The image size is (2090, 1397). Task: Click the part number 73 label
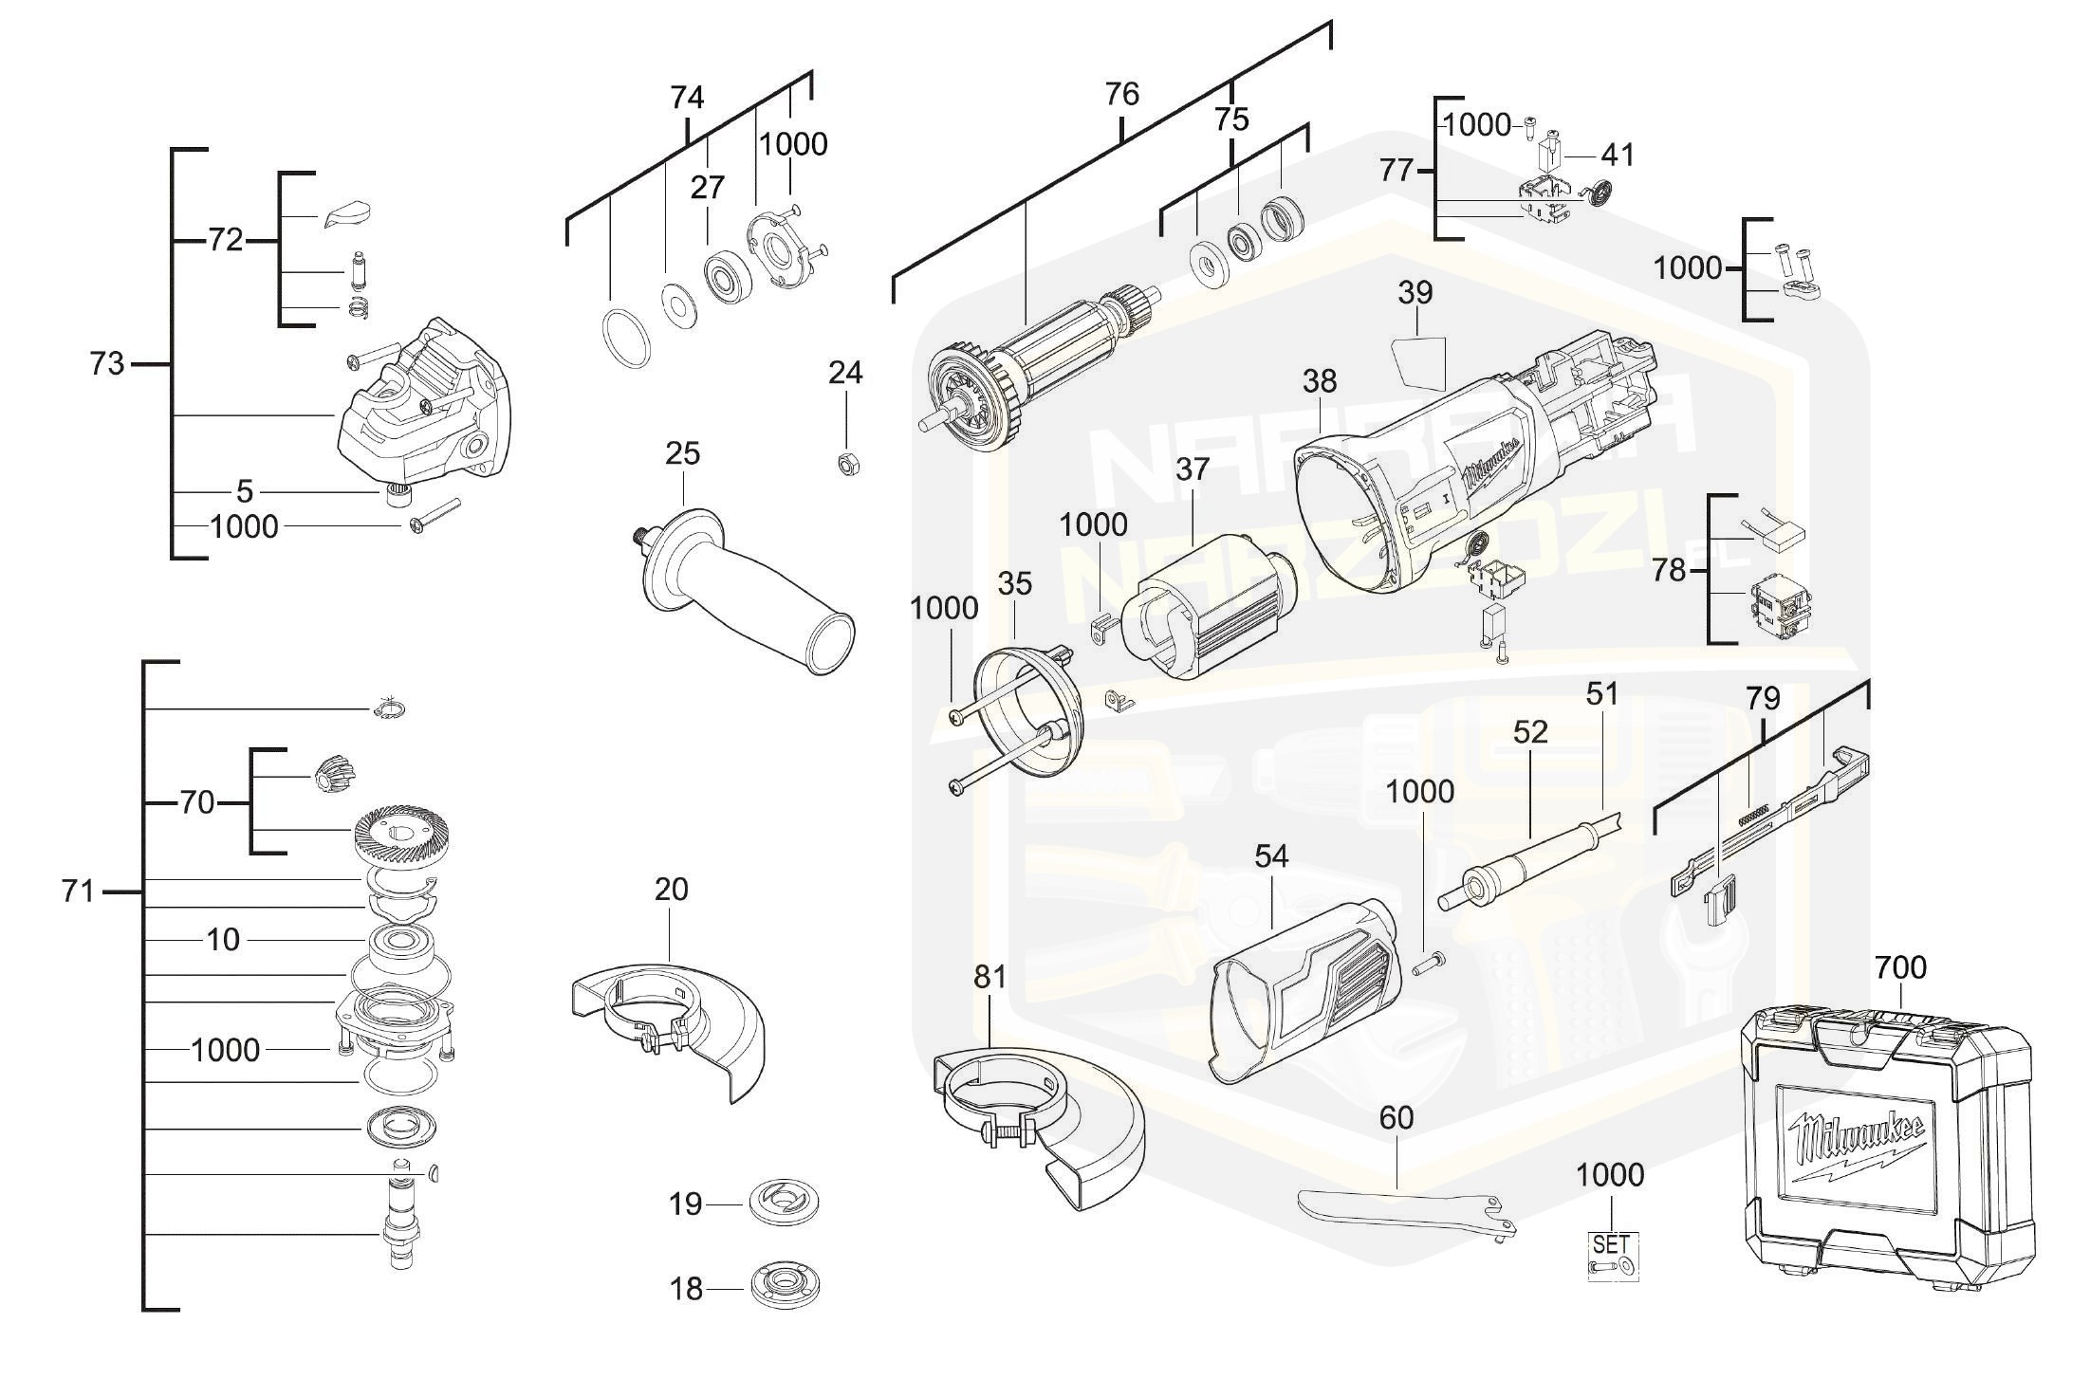tap(106, 364)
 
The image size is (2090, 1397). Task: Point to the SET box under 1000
tap(1612, 1256)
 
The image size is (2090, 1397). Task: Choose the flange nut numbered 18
tap(784, 1287)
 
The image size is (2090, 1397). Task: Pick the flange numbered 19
tap(784, 1203)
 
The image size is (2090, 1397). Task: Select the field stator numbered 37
tap(1205, 607)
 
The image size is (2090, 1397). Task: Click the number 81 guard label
tap(990, 976)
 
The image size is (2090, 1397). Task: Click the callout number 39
tap(1415, 293)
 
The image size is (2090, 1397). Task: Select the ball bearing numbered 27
tap(729, 276)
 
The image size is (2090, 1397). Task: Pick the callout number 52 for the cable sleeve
tap(1530, 732)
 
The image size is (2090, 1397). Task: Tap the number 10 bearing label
tap(223, 940)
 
